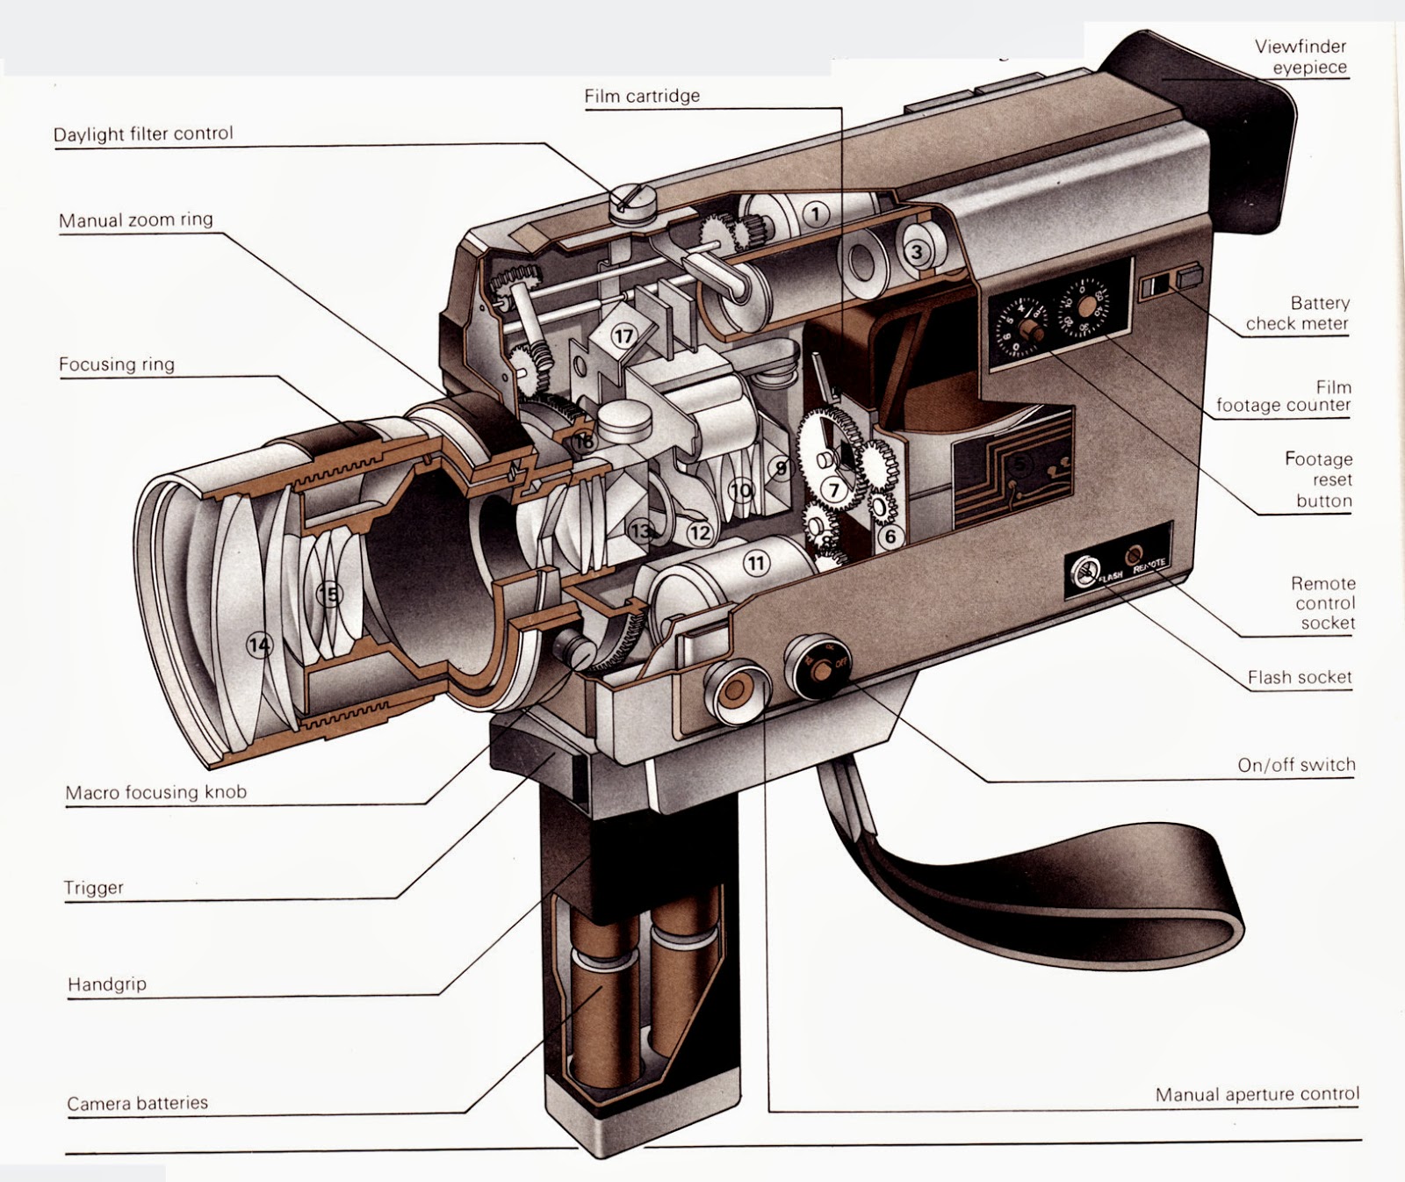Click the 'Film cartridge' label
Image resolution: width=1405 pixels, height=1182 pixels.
point(642,96)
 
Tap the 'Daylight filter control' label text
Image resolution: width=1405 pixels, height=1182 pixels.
point(143,133)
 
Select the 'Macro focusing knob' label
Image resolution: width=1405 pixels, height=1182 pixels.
point(155,792)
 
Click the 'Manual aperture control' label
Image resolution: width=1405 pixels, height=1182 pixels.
point(1257,1094)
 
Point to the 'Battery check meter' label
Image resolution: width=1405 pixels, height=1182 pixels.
point(1297,313)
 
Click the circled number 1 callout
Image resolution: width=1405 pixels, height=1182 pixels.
point(817,213)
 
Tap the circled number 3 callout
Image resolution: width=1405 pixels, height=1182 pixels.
point(917,253)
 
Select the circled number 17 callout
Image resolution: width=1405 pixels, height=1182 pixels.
point(623,336)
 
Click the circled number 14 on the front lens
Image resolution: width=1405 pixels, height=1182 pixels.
point(259,645)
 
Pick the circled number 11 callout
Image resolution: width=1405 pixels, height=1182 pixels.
point(757,562)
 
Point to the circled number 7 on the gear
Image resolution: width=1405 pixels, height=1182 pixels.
point(834,490)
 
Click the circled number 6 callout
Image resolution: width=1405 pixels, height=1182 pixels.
point(890,536)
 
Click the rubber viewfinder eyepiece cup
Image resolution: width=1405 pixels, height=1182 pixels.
point(1229,132)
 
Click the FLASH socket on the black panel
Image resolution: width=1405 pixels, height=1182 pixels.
point(1084,573)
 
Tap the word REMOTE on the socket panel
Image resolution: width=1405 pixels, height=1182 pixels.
point(1149,566)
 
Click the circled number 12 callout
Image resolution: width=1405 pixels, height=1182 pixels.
point(699,532)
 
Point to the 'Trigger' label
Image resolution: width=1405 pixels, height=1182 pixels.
point(93,887)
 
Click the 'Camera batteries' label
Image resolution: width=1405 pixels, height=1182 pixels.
point(137,1103)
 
